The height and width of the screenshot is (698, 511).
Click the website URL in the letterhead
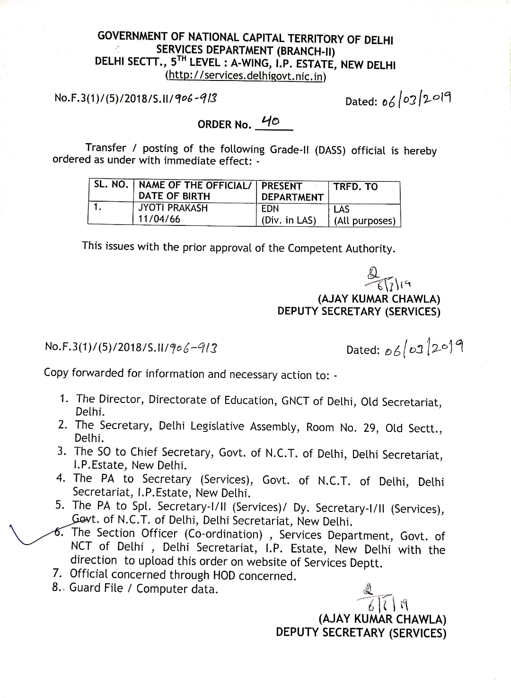tap(246, 76)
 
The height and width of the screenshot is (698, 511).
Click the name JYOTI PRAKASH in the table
tap(173, 208)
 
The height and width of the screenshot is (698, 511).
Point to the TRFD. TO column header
tap(356, 187)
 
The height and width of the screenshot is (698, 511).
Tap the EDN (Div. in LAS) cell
tap(289, 215)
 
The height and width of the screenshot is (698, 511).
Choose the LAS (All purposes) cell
tap(364, 215)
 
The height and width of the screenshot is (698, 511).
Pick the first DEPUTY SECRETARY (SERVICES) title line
tap(359, 311)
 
